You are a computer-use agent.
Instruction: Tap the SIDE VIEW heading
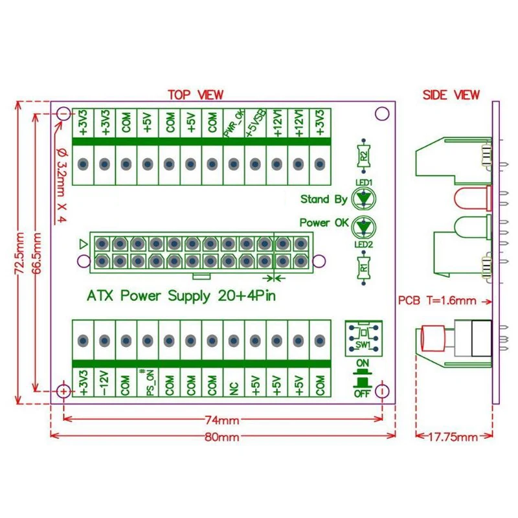coord(451,95)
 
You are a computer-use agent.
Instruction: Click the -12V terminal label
coord(104,382)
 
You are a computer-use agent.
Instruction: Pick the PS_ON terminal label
coord(147,381)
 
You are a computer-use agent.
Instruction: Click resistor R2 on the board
coord(364,156)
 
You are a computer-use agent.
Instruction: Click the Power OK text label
coord(324,223)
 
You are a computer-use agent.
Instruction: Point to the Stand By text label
coord(324,199)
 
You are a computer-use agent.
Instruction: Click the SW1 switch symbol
coord(363,337)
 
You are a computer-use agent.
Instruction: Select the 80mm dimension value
coord(223,437)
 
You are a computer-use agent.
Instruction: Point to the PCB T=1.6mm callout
coord(437,300)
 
